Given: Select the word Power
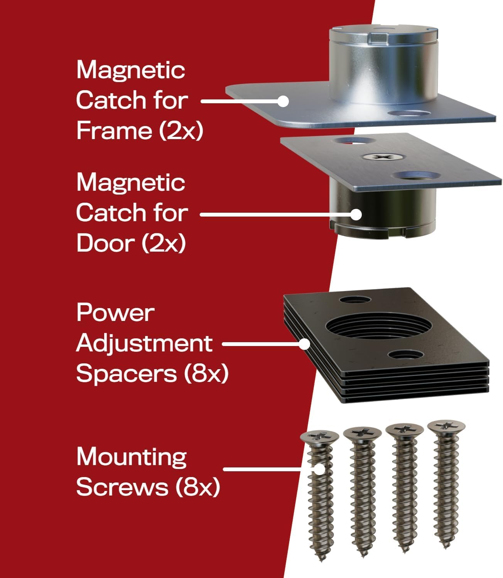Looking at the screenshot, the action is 115,313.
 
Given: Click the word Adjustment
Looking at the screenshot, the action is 144,344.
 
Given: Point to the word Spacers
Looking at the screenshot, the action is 127,374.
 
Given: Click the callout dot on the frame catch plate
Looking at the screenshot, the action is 283,101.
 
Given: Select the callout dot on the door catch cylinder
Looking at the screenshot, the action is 356,214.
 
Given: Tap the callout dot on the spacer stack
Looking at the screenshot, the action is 304,344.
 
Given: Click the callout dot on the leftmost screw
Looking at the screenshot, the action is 319,469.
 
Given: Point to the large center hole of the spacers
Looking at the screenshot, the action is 378,326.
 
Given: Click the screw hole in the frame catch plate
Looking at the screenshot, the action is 409,113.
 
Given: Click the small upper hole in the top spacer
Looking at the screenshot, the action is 355,299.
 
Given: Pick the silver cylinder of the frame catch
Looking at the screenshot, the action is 383,65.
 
